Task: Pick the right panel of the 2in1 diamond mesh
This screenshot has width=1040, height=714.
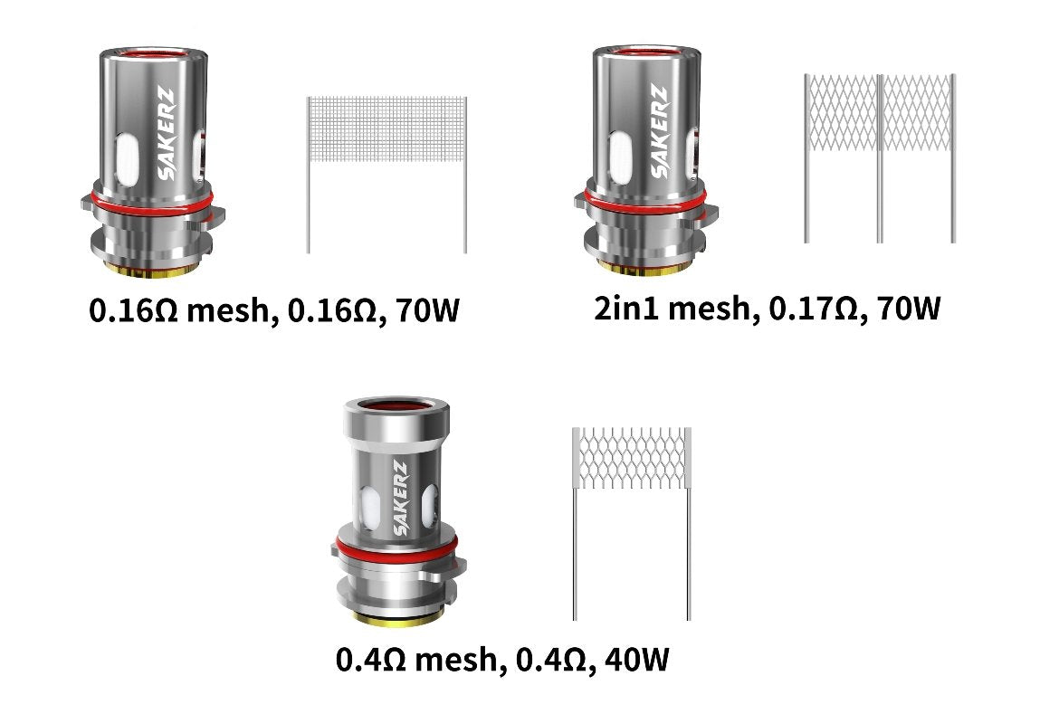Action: coord(916,113)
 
